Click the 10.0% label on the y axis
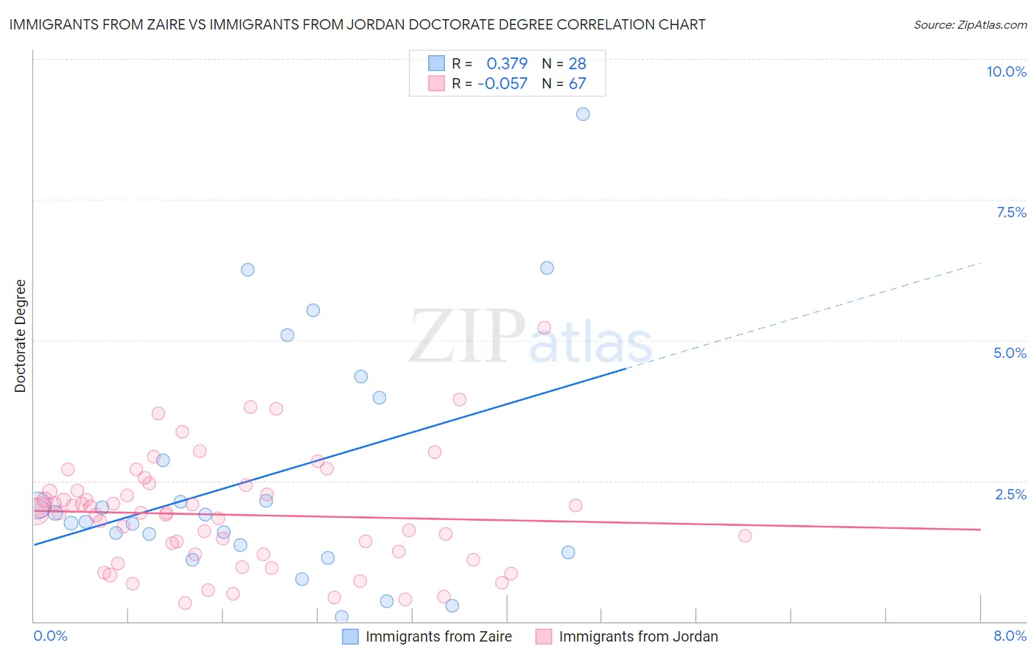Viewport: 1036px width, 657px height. click(x=1006, y=71)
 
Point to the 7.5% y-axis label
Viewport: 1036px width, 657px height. click(x=1011, y=212)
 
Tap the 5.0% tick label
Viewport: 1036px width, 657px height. click(x=1009, y=353)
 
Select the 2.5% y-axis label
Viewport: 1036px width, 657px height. click(x=1010, y=494)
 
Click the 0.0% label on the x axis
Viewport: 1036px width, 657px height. click(x=50, y=636)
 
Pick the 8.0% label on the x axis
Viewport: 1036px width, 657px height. click(x=1009, y=636)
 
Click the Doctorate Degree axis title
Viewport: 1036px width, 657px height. click(x=20, y=336)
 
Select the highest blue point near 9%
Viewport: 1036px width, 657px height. click(x=583, y=114)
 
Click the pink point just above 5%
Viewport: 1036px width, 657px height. click(x=545, y=328)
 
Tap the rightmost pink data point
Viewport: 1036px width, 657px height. click(x=745, y=535)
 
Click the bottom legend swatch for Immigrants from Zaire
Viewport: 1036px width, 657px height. click(x=350, y=636)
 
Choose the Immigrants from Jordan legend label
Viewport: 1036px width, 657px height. click(x=638, y=636)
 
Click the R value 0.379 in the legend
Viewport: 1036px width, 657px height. click(x=507, y=64)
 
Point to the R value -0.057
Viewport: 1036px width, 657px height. click(x=503, y=83)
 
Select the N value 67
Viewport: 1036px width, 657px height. click(x=577, y=83)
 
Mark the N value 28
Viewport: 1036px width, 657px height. click(x=577, y=64)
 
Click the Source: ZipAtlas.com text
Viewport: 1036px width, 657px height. click(x=970, y=25)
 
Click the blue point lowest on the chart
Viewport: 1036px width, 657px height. click(x=341, y=616)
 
